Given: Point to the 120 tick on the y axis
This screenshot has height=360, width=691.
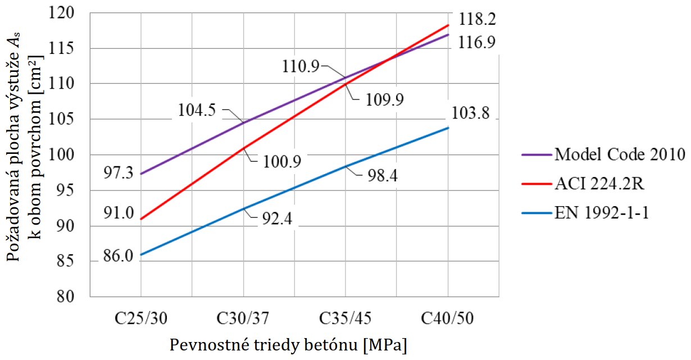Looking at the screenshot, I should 76,12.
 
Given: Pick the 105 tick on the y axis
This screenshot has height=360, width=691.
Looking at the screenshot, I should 76,119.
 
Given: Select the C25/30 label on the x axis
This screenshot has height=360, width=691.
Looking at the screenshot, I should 140,318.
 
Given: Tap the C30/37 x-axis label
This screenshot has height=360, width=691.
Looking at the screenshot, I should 243,318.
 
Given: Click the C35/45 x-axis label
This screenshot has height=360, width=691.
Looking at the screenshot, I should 345,318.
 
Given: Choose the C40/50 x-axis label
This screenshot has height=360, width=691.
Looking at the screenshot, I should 448,318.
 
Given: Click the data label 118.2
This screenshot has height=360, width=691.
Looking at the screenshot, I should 477,20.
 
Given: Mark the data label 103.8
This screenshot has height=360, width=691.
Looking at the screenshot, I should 471,114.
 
